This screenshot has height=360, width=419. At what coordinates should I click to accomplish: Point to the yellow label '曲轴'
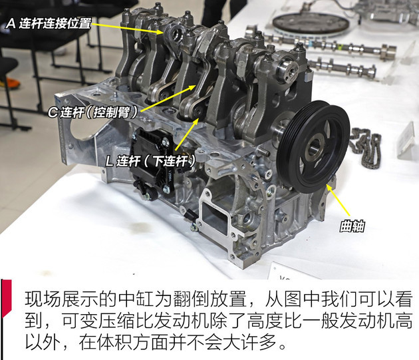pyautogui.click(x=347, y=228)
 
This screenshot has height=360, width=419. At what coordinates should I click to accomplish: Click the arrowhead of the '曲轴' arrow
pyautogui.click(x=329, y=190)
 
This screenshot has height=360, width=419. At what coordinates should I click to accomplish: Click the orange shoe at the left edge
pyautogui.click(x=5, y=84)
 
